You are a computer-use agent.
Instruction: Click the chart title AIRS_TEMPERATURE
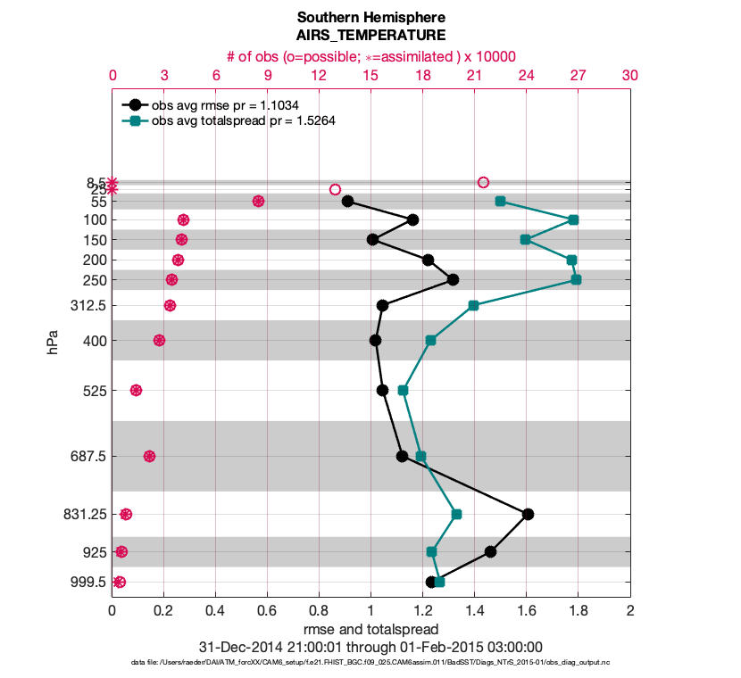tap(370, 36)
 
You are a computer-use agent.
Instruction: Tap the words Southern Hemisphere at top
tap(370, 18)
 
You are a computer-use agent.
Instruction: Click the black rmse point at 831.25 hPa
tap(528, 514)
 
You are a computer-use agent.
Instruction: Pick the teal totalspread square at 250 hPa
tap(576, 280)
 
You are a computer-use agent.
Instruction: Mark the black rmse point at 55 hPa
tap(347, 202)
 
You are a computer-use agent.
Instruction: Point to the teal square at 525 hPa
tap(403, 390)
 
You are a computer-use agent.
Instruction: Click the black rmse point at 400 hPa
tap(375, 340)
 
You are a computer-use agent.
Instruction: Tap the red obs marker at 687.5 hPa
tap(149, 456)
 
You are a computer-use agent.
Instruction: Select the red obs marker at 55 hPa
tap(258, 202)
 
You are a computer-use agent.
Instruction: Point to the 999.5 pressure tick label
tap(89, 582)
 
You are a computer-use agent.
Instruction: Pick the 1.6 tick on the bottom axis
tap(526, 611)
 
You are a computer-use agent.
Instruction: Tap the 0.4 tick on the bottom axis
tap(215, 611)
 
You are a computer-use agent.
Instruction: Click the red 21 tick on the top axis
tap(474, 76)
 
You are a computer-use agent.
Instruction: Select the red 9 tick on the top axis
tap(267, 76)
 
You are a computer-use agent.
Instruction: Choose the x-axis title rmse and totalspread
tap(370, 630)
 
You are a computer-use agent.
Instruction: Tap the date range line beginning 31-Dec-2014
tap(370, 647)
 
